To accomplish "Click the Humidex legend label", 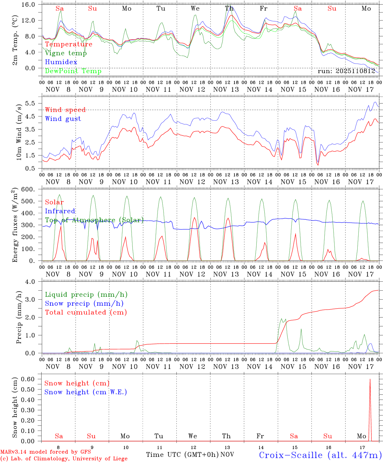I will tap(61, 62).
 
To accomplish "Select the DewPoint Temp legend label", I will tap(73, 71).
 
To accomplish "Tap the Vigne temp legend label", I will tap(66, 53).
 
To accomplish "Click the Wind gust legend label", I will tap(63, 119).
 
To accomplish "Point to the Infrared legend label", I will tap(60, 211).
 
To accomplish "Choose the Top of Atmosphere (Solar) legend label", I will tap(94, 220).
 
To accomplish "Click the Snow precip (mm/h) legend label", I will tap(84, 304).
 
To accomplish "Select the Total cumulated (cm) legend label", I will tap(86, 312).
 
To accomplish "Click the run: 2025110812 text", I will tap(346, 71).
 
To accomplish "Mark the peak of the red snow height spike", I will tap(370, 379).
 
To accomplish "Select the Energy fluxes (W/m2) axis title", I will tap(15, 226).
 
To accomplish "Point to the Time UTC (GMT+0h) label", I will tap(182, 455).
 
